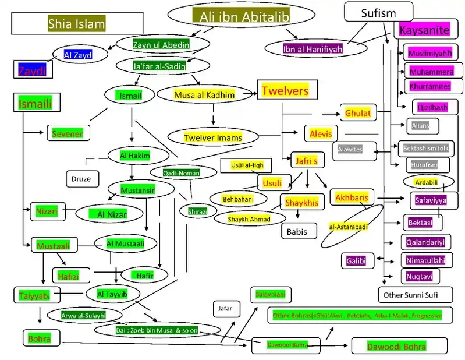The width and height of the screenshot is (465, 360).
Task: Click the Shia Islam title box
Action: [76, 23]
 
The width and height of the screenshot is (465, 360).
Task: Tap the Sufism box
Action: [378, 12]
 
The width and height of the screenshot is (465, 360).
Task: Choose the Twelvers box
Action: [285, 91]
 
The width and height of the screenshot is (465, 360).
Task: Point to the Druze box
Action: [81, 179]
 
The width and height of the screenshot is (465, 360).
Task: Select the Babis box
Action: [301, 231]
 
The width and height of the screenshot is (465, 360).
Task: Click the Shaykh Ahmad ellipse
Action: [250, 219]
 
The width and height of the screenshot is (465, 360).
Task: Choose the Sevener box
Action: [68, 133]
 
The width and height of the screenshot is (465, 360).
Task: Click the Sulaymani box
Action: [271, 294]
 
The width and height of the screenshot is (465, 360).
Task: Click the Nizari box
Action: [47, 211]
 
